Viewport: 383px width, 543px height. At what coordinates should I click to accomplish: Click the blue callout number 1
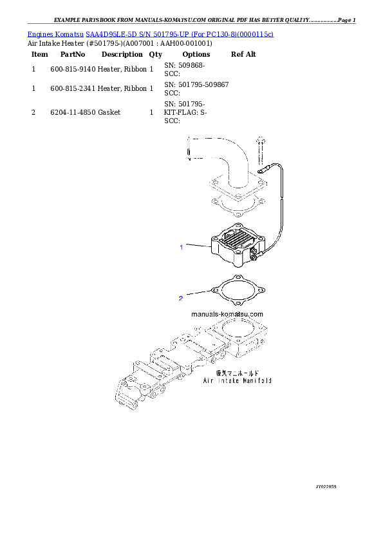coord(182,247)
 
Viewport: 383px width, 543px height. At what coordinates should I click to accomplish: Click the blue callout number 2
coord(181,298)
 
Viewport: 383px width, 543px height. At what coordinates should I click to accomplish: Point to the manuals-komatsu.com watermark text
coord(227,315)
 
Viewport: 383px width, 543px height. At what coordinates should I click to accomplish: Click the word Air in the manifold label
coord(208,380)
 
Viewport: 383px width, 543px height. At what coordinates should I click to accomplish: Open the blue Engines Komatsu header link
coord(150,34)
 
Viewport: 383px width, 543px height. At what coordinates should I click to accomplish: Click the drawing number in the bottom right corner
coord(326,486)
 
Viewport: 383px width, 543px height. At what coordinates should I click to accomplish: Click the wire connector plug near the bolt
coord(263,171)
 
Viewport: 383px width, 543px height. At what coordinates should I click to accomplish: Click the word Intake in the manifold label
coord(228,380)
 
